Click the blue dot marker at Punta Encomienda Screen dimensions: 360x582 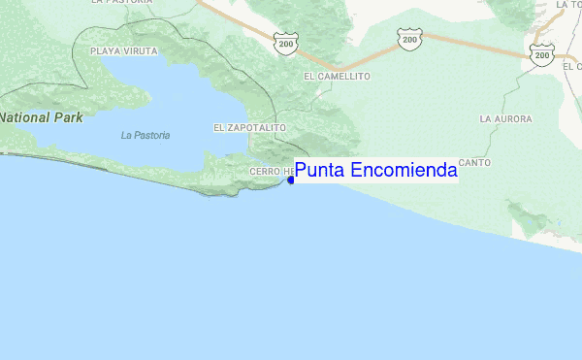point(291,179)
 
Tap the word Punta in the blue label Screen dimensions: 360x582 point(316,172)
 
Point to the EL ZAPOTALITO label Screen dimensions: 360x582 point(249,127)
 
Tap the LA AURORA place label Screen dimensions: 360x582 point(505,118)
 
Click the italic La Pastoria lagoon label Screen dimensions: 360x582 point(145,136)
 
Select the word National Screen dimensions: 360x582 point(25,117)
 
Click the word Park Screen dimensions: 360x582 point(68,117)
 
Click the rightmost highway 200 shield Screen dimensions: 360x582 point(541,56)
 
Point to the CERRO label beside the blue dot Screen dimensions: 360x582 point(264,172)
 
